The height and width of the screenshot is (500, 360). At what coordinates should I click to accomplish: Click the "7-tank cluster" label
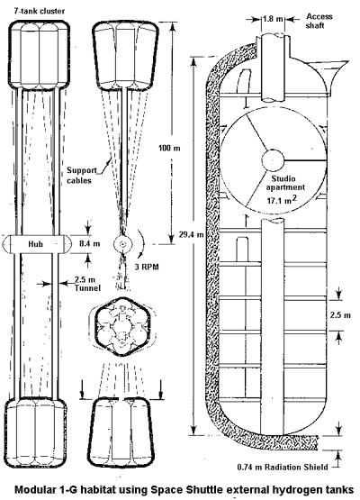39,11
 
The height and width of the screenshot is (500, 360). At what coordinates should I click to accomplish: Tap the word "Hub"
35,244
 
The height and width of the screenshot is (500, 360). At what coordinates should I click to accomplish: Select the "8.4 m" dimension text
89,243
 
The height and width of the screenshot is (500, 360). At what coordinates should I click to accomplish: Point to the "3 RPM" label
147,267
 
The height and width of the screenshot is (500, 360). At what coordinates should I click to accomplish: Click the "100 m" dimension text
169,148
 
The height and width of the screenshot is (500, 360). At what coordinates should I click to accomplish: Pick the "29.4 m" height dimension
191,235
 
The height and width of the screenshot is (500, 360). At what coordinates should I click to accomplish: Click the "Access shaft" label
319,21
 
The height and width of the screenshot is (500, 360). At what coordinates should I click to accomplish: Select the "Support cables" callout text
79,175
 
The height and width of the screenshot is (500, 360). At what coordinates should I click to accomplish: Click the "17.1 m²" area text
282,200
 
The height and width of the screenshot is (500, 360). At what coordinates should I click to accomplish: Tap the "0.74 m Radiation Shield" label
283,468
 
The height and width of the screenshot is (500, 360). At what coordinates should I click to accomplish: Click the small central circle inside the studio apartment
273,159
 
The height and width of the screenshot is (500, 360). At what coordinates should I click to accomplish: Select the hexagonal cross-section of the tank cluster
122,326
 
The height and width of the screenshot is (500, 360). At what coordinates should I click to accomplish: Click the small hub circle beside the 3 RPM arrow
122,244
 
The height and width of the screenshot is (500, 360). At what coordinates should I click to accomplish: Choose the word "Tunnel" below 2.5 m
87,288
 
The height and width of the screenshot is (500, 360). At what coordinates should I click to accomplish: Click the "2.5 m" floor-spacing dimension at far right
340,315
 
